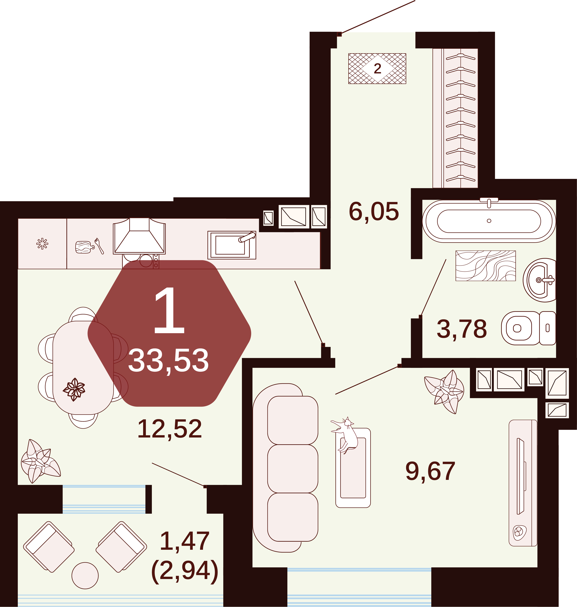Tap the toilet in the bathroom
click(x=528, y=328)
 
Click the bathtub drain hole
click(x=489, y=221)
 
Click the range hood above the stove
click(x=139, y=236)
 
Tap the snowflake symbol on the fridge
click(x=42, y=244)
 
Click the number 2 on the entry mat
click(x=377, y=68)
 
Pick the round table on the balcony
click(x=85, y=575)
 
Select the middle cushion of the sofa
click(x=293, y=469)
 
